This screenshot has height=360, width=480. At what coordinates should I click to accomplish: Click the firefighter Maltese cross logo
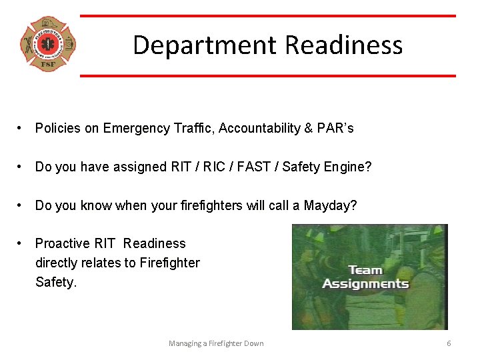coord(48,45)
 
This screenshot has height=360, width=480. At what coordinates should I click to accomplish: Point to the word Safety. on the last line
coord(56,283)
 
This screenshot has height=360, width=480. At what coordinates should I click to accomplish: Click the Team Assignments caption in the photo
coord(365,277)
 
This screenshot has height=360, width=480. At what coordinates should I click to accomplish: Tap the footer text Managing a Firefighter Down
coord(216,343)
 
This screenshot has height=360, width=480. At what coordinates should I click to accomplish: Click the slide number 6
coord(449,343)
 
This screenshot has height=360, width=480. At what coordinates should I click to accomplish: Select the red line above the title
coord(268,16)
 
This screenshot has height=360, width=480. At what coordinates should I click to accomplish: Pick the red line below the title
coord(268,75)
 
